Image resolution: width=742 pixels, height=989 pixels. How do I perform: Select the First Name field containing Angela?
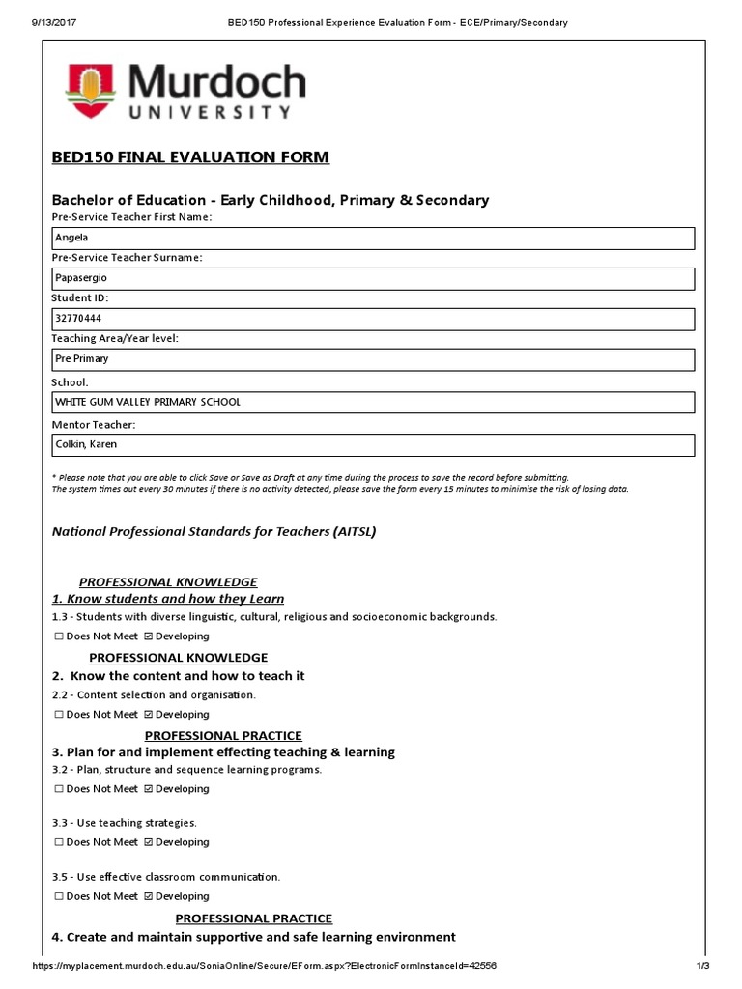372,238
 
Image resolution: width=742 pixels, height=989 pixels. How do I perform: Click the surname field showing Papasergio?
372,278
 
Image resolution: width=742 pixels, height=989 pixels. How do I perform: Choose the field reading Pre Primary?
372,359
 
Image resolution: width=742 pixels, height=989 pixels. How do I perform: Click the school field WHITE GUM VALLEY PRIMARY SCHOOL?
372,402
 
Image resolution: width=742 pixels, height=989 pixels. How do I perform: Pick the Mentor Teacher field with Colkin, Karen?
372,444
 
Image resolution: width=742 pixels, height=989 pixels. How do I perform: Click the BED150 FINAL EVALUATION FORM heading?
190,157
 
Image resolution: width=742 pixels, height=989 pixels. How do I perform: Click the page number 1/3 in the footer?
702,966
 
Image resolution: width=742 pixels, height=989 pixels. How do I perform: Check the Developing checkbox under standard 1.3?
148,636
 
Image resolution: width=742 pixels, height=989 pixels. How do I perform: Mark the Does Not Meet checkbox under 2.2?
59,715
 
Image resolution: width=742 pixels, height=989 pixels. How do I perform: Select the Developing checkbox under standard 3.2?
148,789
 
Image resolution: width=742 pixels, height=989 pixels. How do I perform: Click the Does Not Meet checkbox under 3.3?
59,842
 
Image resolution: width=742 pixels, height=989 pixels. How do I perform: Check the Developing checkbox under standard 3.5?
148,896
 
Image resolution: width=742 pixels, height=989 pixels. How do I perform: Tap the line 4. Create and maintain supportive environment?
253,937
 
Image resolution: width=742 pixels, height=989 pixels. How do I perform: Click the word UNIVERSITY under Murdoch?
210,112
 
